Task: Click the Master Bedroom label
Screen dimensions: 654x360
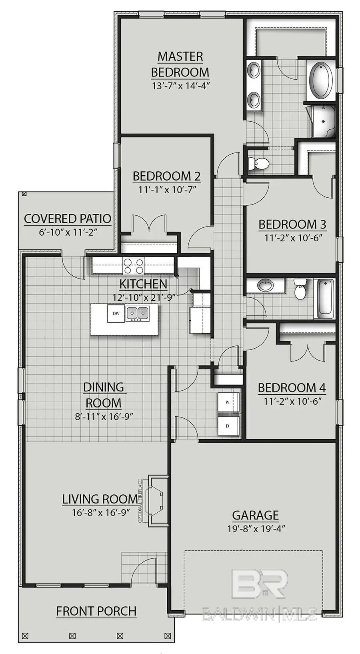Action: [x=180, y=64]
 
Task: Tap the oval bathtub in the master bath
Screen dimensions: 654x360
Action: [x=321, y=80]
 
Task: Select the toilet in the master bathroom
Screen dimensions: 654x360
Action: [x=259, y=163]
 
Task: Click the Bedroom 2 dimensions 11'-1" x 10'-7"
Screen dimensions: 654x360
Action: [x=167, y=189]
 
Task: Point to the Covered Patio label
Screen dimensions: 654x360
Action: [x=68, y=219]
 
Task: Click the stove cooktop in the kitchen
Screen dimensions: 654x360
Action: [x=134, y=265]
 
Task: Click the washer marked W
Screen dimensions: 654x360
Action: [x=228, y=402]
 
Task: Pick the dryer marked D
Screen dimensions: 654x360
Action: [x=228, y=426]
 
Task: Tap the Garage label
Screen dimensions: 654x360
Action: [x=255, y=515]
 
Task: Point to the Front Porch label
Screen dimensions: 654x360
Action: [x=96, y=611]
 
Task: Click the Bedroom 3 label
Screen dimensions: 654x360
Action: [x=292, y=225]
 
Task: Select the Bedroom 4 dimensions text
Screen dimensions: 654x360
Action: [x=292, y=401]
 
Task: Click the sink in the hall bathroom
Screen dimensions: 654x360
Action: [x=265, y=286]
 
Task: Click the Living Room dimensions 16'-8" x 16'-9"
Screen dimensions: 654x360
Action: [x=101, y=512]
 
